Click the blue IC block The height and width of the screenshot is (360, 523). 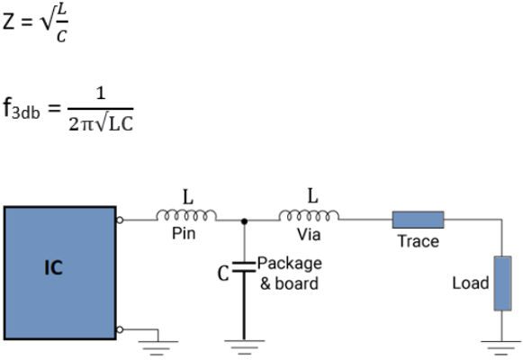click(60, 273)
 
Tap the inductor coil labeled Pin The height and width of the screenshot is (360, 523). click(186, 215)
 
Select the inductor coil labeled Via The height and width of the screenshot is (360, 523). click(309, 215)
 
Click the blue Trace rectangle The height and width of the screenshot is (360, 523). click(418, 220)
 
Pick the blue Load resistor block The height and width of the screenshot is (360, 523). click(502, 283)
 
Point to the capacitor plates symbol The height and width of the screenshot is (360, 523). click(244, 266)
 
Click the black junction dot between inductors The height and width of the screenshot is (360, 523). click(244, 221)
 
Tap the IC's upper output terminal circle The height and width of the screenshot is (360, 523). click(120, 220)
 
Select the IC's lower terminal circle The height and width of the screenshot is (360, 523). click(120, 329)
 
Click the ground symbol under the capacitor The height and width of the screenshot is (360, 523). click(245, 347)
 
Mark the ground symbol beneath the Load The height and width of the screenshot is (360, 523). click(501, 348)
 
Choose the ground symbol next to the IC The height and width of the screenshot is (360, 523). click(158, 348)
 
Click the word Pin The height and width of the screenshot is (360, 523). click(184, 233)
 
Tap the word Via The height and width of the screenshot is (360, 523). click(309, 234)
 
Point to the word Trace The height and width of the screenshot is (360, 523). click(419, 241)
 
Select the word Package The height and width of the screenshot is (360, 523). click(290, 264)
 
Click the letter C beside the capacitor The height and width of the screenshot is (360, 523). click(223, 274)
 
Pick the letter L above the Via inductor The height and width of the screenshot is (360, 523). click(312, 195)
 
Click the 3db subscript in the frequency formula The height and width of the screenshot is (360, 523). click(26, 113)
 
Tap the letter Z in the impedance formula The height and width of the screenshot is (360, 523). click(9, 22)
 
